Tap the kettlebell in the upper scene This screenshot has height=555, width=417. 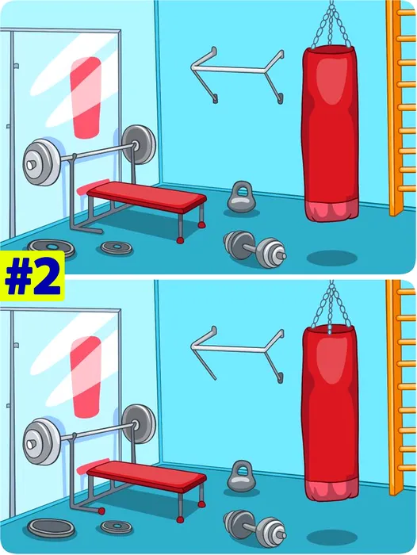coord(241,197)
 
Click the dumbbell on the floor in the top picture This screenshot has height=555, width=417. coord(254,248)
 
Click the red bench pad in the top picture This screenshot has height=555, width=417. coord(147,196)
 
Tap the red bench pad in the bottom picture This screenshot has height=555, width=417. coord(147,475)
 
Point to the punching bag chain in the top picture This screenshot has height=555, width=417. coord(331,25)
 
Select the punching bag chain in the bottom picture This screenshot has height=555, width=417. coord(331,305)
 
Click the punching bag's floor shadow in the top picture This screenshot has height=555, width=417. coord(331,258)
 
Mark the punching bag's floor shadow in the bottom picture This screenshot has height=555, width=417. coord(331,538)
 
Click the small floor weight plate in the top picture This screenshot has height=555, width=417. coord(117,247)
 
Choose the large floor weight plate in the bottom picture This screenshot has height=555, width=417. coord(52,528)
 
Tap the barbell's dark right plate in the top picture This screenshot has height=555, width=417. coord(140,144)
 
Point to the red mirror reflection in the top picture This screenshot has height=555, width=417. coord(86,98)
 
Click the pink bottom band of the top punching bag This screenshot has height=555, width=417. coord(331,212)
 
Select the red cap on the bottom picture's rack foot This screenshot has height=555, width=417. coord(101,511)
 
